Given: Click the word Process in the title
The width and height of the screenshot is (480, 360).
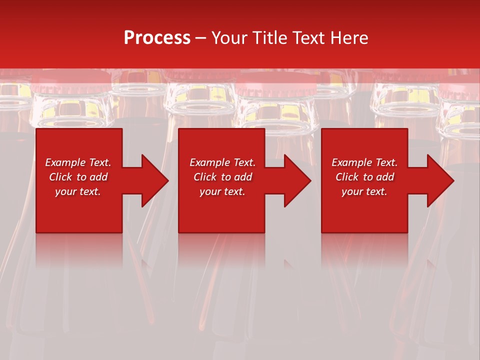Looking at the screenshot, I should [x=157, y=38].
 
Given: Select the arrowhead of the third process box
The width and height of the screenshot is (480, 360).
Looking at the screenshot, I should [x=439, y=180].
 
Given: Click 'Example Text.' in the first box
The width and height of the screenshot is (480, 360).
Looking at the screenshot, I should [x=78, y=162].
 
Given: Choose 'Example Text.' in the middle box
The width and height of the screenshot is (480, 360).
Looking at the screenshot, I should [x=222, y=162].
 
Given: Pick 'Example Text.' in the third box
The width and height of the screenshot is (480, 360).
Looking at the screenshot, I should [x=364, y=162].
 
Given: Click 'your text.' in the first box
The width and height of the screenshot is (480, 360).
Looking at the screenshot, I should [x=78, y=191].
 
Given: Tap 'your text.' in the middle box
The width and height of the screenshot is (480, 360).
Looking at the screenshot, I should [x=222, y=191].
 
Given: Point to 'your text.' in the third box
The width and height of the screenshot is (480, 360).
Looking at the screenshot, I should [x=364, y=191].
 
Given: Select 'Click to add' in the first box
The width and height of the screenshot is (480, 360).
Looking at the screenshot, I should [x=78, y=177].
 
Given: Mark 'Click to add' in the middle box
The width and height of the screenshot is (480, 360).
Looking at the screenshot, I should [x=222, y=177].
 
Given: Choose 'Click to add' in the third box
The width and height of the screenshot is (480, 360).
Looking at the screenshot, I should [x=364, y=177].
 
